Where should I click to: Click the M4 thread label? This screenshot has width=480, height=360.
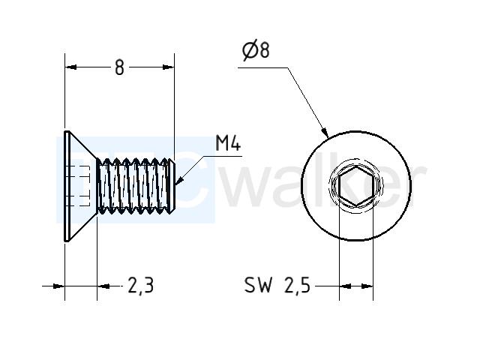coord(228,143)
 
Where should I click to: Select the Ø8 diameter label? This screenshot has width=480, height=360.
coord(256,50)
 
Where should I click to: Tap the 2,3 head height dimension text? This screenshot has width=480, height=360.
coord(140,285)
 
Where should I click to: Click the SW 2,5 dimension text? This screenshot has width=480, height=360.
coord(277,285)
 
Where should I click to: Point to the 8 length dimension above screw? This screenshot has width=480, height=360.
coord(119,67)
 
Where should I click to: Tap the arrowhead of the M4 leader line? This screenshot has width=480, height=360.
coord(178,181)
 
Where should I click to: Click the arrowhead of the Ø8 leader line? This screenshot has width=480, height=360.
coord(325,132)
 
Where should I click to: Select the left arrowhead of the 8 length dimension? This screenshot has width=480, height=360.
coord(70,67)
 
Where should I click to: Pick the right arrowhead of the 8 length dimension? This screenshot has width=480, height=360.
coord(168,67)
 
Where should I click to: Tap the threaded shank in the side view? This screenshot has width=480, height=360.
coord(135,186)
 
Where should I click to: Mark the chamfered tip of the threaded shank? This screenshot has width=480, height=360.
coord(172,186)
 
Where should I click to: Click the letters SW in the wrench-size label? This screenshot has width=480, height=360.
coord(258,285)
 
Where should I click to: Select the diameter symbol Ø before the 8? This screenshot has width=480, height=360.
coord(250,51)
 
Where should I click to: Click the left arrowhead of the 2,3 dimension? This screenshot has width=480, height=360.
coord(59,286)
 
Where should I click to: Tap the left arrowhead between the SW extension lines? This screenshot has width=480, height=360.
coord(345,286)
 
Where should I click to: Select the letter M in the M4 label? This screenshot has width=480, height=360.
coord(222,143)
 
